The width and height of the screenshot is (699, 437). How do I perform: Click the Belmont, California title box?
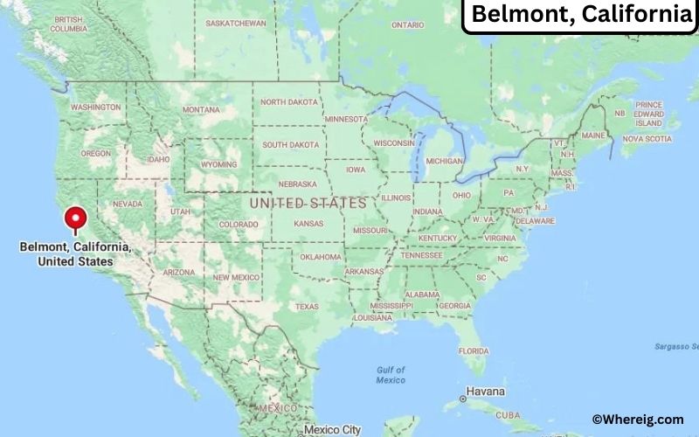[580, 15]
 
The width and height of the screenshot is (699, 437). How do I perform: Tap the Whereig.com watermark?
[637, 420]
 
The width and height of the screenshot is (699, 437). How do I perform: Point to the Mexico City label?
[333, 429]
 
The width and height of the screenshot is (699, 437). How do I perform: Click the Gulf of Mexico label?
[391, 375]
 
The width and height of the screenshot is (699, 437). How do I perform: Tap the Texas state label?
[307, 306]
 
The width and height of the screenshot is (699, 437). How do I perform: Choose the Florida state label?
[473, 350]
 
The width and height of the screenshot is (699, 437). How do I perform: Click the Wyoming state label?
[218, 164]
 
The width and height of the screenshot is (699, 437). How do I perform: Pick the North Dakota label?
[289, 102]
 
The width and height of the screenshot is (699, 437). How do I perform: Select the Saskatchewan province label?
[236, 23]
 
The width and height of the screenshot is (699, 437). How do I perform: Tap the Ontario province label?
[407, 25]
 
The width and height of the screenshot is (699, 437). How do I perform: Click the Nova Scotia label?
[647, 138]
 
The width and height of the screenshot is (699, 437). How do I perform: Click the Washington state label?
[96, 107]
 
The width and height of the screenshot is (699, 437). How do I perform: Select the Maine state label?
[593, 135]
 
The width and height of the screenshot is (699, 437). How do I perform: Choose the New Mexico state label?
[236, 277]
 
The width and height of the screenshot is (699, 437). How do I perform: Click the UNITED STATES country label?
[308, 203]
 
